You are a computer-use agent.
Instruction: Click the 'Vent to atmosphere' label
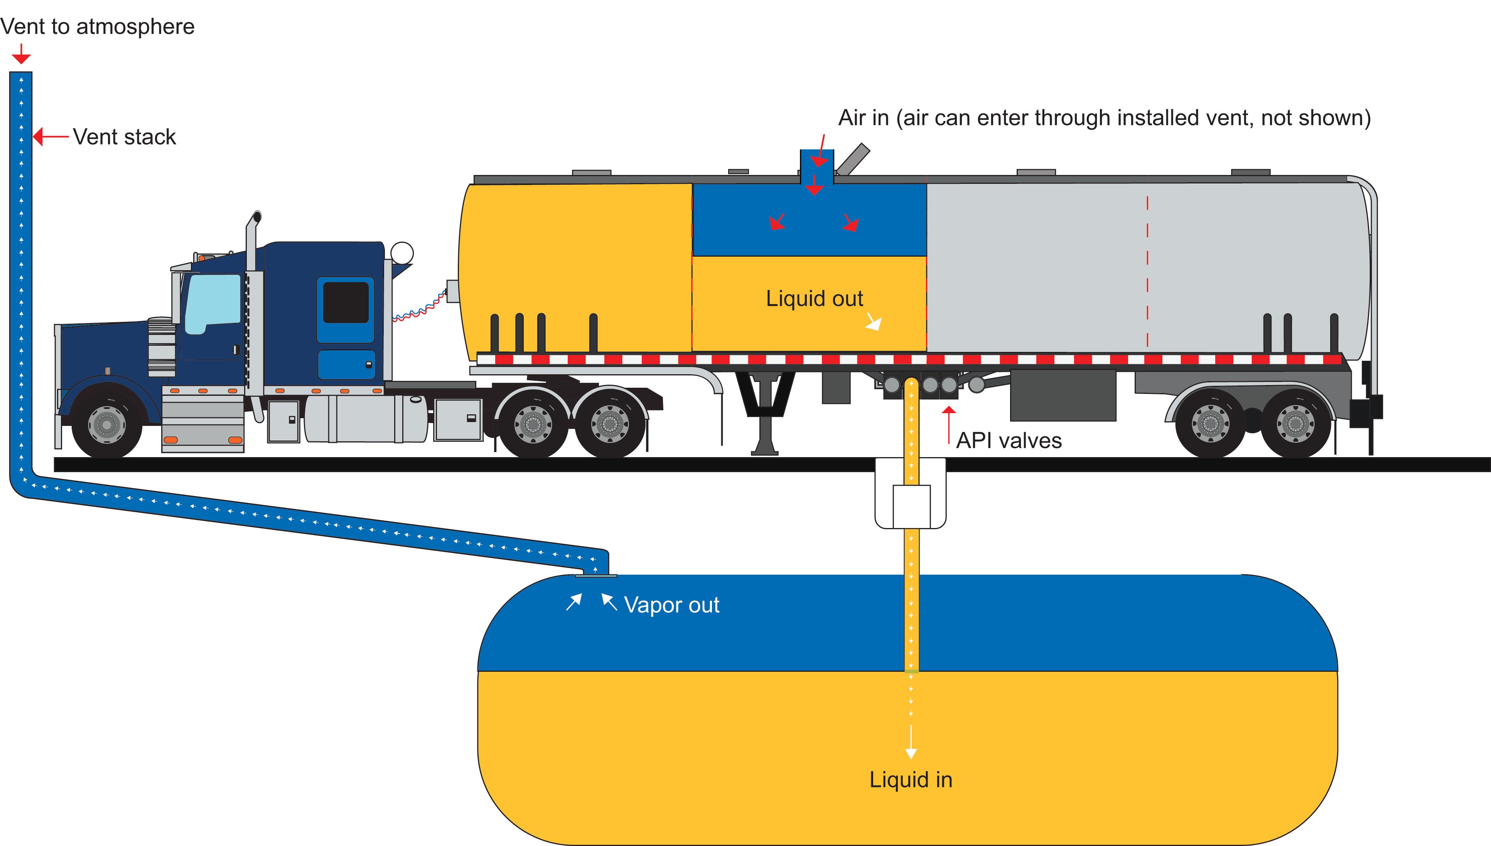pos(97,27)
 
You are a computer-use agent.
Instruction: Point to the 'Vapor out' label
pos(671,605)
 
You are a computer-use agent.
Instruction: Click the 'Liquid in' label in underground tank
pos(910,780)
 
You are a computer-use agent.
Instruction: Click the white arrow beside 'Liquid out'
pos(874,322)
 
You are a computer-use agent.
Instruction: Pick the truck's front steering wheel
pos(106,425)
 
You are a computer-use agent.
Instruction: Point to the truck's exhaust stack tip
pos(256,217)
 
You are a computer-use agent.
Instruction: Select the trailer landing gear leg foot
pos(764,450)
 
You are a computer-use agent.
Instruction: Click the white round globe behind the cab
pos(401,253)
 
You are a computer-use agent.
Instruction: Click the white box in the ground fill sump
pos(911,506)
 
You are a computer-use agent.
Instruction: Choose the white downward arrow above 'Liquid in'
pos(911,744)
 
